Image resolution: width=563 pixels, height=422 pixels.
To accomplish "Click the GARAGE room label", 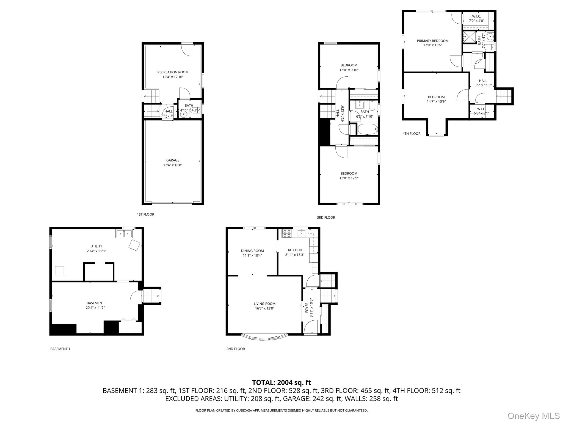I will coord(173,160).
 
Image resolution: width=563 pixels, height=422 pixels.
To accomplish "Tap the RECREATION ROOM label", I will coord(173,72).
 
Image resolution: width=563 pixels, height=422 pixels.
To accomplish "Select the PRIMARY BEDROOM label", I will coord(432,41).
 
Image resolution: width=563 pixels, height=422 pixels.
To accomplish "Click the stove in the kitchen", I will coord(287,234).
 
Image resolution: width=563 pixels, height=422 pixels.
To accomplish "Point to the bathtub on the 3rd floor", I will coord(367,129).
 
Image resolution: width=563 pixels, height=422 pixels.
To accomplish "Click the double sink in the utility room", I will coord(124,234).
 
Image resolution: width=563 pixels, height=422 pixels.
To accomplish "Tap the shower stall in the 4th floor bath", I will coord(469,37).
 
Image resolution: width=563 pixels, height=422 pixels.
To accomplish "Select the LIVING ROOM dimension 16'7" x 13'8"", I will coord(264,308).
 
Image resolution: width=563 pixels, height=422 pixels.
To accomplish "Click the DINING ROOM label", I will coord(252,251).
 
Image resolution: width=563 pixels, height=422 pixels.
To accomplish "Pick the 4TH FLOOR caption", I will coord(411,134).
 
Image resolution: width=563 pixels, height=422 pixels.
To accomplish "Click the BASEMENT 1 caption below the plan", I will coord(60,349).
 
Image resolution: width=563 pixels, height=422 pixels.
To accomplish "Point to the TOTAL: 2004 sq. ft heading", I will coord(281,382).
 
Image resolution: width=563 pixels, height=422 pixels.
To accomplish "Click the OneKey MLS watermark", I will coord(533,416).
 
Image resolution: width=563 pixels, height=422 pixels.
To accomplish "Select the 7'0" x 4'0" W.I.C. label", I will coord(476,21).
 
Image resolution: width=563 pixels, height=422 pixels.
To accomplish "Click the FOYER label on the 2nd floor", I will coord(307,308).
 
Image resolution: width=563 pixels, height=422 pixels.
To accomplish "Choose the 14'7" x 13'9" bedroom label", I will coord(436,101).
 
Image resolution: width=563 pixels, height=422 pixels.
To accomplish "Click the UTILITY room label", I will coord(96,246).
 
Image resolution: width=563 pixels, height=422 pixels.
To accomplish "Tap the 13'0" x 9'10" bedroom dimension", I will coord(349,70).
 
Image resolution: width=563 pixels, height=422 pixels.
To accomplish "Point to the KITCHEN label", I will coord(295,250).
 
